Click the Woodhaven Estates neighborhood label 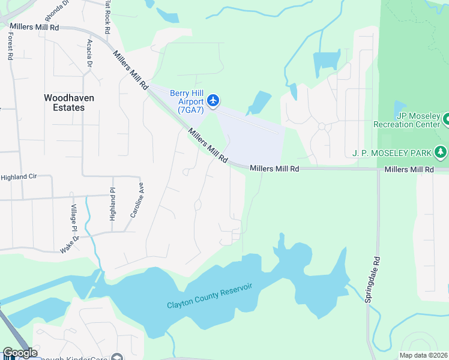(x=64, y=103)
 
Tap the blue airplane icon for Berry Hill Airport (x=213, y=100)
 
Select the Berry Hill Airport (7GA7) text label (x=187, y=101)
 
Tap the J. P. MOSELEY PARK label (x=391, y=154)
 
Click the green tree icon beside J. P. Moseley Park (x=442, y=152)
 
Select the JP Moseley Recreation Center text (x=407, y=120)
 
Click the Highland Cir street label (x=19, y=178)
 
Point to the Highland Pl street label (x=112, y=204)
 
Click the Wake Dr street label (x=69, y=245)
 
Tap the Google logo (x=20, y=353)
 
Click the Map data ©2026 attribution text (x=423, y=355)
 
